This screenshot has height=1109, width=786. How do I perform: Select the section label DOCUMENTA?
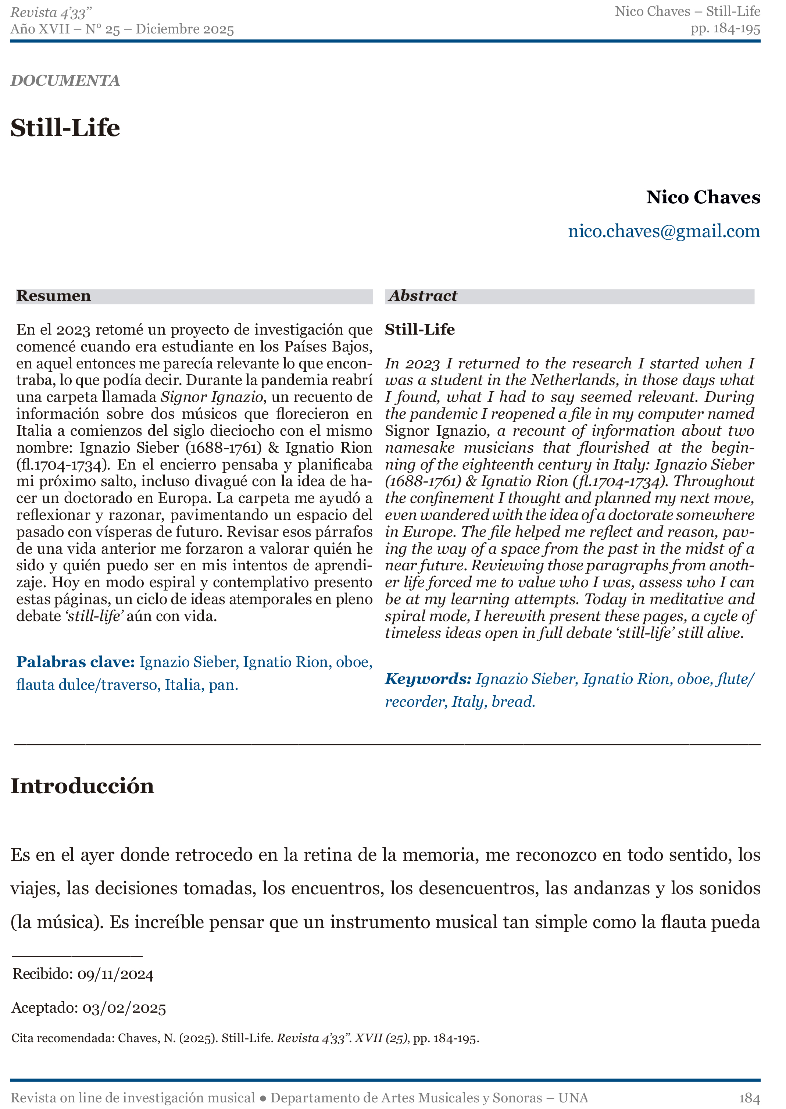65,81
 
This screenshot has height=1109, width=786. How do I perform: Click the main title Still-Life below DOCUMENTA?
65,128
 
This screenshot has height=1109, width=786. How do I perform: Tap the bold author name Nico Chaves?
703,197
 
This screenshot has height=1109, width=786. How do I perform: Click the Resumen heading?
54,296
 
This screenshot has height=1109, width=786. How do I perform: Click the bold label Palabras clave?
75,662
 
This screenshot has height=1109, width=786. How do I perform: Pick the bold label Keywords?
428,679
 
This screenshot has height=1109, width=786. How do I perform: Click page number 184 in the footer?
749,1098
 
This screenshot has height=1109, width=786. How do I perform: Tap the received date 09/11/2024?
115,974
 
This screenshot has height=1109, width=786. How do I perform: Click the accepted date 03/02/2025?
124,1008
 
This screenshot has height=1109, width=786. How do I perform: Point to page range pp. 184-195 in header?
725,29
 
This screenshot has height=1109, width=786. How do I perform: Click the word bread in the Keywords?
512,702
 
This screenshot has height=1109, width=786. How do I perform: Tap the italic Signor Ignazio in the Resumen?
212,397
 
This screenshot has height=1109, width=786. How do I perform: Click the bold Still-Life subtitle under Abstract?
419,330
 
